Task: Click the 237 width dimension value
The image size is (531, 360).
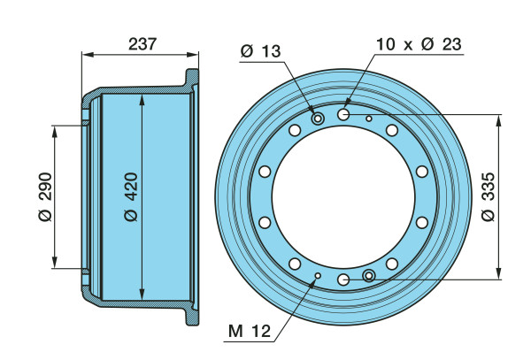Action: pyautogui.click(x=142, y=44)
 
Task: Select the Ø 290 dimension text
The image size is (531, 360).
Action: pyautogui.click(x=46, y=196)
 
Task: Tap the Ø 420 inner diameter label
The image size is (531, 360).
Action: pyautogui.click(x=131, y=196)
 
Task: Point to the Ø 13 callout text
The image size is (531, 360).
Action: pyautogui.click(x=261, y=51)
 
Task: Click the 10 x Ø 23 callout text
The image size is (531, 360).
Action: pyautogui.click(x=419, y=44)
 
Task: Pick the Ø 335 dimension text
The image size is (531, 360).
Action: pyautogui.click(x=488, y=196)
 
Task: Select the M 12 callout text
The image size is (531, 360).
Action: pyautogui.click(x=250, y=331)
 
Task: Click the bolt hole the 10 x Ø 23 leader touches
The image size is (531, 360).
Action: pyautogui.click(x=343, y=114)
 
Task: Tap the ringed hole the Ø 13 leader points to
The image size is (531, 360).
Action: pyautogui.click(x=318, y=119)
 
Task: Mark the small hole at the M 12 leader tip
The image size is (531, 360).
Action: pyautogui.click(x=318, y=276)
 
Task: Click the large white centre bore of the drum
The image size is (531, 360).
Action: pyautogui.click(x=343, y=197)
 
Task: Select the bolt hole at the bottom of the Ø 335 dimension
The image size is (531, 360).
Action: pyautogui.click(x=343, y=280)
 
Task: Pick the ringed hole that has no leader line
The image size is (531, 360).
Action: pyautogui.click(x=369, y=276)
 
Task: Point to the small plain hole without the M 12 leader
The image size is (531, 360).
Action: pyautogui.click(x=369, y=119)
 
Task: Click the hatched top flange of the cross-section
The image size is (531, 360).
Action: pyautogui.click(x=191, y=80)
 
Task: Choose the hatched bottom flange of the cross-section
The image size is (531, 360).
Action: pyautogui.click(x=191, y=314)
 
